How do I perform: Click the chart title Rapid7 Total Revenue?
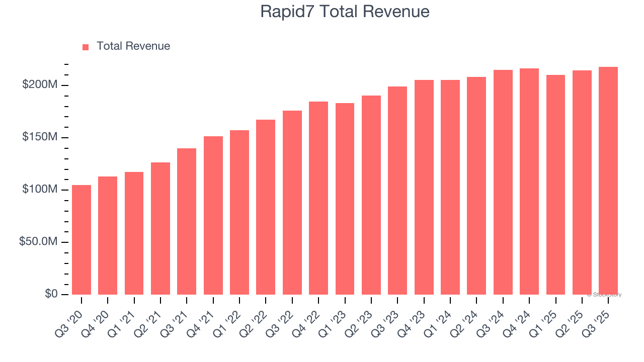345,12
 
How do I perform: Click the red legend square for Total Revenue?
86,47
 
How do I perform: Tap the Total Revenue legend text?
133,46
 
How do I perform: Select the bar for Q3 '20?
82,240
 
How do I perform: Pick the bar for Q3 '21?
187,221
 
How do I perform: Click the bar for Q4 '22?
318,198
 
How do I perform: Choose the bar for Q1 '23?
345,199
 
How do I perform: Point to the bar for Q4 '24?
529,182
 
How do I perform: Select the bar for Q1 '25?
555,185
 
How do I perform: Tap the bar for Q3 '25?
608,180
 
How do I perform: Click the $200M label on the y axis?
40,85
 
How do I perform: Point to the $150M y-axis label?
40,137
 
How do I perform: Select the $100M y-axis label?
40,190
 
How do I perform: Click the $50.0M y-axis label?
38,242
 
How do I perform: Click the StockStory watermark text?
604,295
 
